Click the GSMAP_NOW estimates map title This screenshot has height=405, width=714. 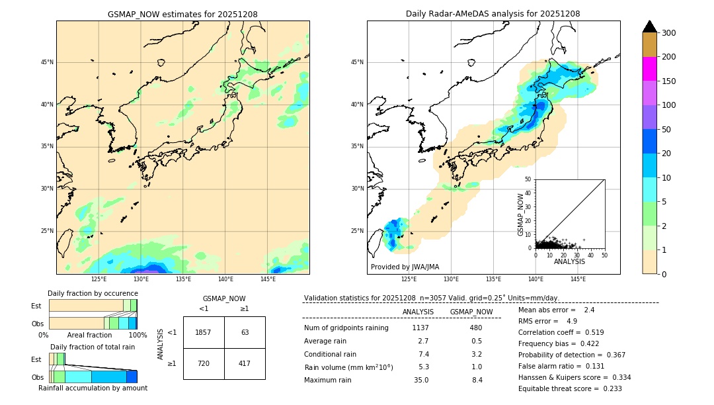(x=182, y=14)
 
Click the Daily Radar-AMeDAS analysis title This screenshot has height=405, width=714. (x=493, y=14)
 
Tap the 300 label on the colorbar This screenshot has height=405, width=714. (x=668, y=33)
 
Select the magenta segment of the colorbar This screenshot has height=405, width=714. (x=650, y=69)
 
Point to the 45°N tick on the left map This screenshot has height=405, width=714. (x=47, y=62)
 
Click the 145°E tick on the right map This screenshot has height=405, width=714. (x=578, y=279)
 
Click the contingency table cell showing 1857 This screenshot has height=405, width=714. (x=204, y=332)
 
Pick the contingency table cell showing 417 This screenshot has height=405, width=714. (x=245, y=363)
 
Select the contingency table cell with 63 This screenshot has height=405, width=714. (x=245, y=332)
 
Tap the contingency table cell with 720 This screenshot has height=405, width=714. (x=204, y=363)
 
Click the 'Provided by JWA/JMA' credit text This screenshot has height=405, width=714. (x=405, y=267)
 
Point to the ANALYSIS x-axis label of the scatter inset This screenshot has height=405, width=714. (x=569, y=261)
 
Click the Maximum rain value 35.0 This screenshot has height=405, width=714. (x=421, y=380)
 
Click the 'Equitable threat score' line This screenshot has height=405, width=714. (x=570, y=388)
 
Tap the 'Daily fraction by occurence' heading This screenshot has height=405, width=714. (x=92, y=293)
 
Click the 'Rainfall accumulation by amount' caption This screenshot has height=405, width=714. (x=93, y=388)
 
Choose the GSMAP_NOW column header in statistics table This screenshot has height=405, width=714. (x=471, y=312)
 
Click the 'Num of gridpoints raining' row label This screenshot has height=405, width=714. (x=346, y=328)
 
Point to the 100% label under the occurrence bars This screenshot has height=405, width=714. (x=138, y=335)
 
